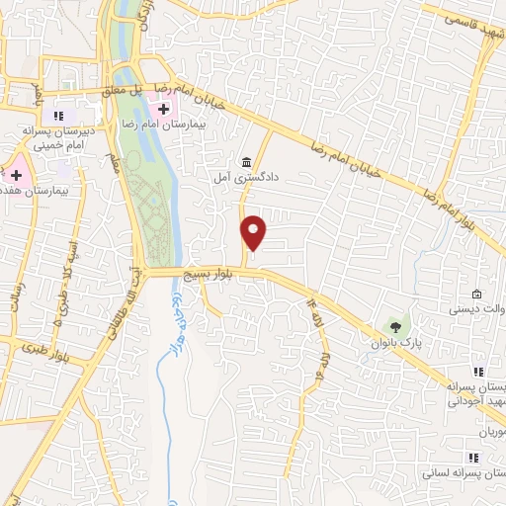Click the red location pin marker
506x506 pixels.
(x=255, y=232)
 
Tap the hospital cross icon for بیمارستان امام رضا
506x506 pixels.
(x=163, y=107)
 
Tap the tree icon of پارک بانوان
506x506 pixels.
(x=396, y=325)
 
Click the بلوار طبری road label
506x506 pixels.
(x=74, y=354)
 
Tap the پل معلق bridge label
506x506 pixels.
(x=139, y=87)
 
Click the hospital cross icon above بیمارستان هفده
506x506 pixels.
(x=16, y=174)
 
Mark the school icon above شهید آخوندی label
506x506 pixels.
(x=478, y=373)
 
